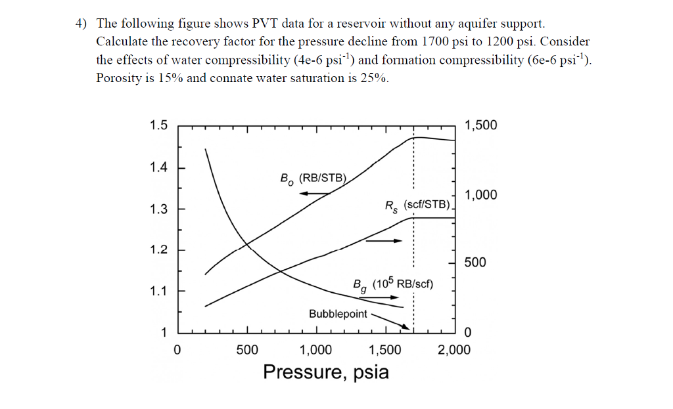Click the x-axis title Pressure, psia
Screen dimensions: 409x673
tap(326, 372)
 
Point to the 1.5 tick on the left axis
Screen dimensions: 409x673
tap(158, 125)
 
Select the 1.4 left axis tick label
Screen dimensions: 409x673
tap(158, 167)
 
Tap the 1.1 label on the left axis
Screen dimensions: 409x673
tap(158, 290)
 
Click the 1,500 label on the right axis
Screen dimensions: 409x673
tap(480, 125)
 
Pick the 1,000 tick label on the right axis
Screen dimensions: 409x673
tap(480, 194)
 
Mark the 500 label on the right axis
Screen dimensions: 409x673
tap(475, 263)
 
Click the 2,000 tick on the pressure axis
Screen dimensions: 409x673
tap(455, 349)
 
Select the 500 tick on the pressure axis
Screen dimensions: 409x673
tap(247, 349)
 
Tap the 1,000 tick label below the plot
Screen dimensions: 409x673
tap(315, 349)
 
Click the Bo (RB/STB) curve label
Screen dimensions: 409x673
tap(313, 178)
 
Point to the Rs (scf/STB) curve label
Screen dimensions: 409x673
tap(417, 205)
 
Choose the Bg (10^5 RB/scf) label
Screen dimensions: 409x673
tap(392, 285)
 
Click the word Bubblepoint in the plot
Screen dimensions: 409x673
tap(338, 314)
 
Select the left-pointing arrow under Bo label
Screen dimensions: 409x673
tap(315, 194)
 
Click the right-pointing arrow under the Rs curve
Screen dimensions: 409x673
tap(383, 241)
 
